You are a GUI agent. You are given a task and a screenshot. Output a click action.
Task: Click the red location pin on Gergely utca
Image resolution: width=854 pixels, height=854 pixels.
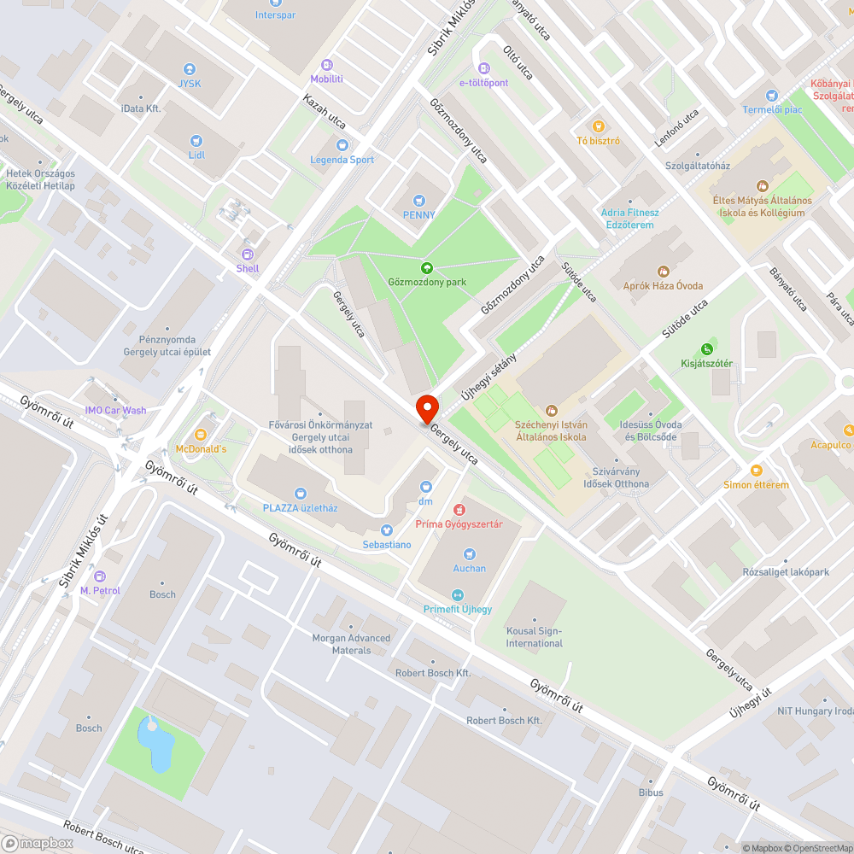(426, 408)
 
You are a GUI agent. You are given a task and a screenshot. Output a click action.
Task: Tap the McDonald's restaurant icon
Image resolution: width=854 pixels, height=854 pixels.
(202, 434)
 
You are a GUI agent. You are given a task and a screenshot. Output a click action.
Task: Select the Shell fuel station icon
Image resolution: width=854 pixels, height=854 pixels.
(248, 254)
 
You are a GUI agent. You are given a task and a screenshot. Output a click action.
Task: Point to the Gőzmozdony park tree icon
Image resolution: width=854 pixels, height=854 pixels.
(426, 267)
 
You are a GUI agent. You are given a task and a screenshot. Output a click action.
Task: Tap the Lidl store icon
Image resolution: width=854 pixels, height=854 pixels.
(196, 141)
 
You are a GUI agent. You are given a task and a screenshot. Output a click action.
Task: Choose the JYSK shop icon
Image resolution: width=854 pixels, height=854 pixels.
(190, 69)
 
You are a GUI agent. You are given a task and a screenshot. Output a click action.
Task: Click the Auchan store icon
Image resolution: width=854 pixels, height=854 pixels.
(469, 554)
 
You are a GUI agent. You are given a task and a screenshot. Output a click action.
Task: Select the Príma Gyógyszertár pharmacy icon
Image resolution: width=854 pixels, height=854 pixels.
(459, 509)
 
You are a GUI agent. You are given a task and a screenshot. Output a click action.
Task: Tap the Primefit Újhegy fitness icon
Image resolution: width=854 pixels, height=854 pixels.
(458, 594)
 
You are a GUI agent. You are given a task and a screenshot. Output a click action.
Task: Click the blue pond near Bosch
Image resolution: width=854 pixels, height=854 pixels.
(156, 744)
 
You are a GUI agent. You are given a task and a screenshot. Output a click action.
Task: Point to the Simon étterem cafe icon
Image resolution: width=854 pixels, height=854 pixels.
(756, 470)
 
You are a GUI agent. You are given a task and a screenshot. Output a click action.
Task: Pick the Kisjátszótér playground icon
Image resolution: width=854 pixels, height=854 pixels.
(706, 348)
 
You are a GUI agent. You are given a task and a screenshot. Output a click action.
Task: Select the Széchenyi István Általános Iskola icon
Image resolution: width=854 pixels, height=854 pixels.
(551, 411)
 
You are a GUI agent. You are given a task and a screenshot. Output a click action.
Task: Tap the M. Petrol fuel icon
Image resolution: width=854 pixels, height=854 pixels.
(100, 576)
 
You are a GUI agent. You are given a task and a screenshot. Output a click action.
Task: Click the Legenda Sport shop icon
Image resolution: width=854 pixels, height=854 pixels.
(342, 145)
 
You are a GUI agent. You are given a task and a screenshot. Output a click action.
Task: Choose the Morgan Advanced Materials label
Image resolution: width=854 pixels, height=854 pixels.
(351, 644)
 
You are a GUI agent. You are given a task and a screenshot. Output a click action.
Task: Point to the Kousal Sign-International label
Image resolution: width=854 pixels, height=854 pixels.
(535, 636)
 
